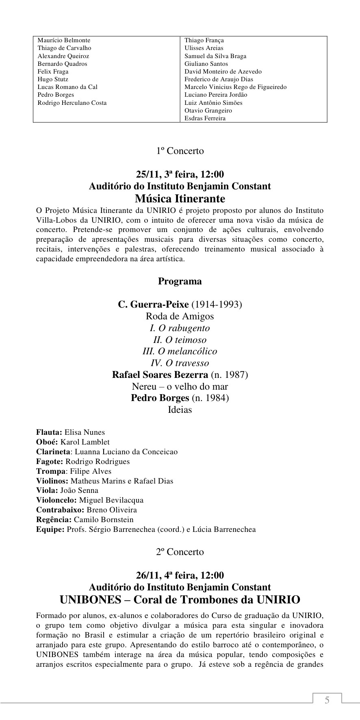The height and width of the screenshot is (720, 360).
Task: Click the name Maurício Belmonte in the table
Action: [64, 40]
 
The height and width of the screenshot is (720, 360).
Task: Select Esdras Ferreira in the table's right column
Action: [205, 118]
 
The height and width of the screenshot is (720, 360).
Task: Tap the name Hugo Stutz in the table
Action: [53, 79]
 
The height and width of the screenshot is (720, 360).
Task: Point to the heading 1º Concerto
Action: [180, 151]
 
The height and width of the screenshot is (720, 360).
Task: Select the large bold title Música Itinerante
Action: [180, 199]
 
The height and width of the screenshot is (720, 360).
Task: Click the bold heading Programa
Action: [180, 281]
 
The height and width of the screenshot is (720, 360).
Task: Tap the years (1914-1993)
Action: [217, 304]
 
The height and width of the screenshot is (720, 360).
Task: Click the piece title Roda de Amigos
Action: [180, 316]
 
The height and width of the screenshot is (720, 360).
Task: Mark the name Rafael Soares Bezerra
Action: [160, 375]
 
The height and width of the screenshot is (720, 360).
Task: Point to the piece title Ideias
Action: [180, 410]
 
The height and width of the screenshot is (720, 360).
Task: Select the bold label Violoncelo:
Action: [56, 500]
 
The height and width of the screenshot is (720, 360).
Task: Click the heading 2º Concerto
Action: [180, 552]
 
